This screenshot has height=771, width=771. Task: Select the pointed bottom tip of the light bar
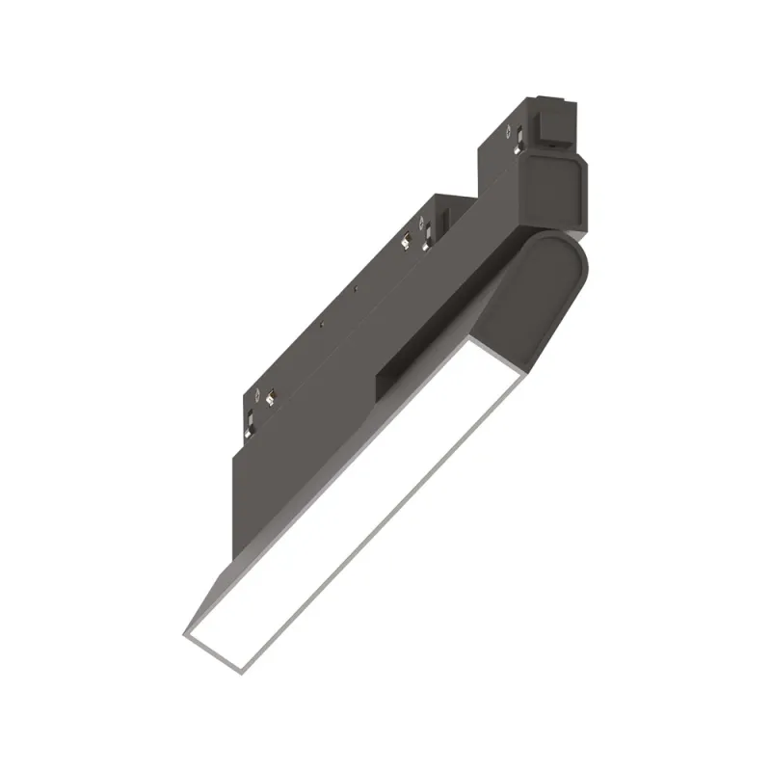point(186,635)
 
